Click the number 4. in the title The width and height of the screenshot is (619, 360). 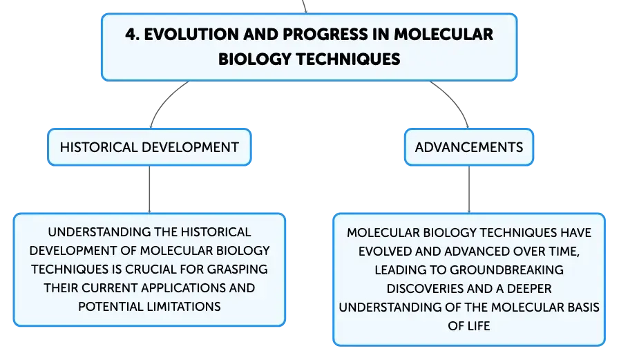tap(132, 35)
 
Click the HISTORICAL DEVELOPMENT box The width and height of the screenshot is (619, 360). tap(149, 147)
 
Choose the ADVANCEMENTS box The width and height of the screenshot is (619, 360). tap(469, 147)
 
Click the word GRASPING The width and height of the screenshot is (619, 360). tap(237, 269)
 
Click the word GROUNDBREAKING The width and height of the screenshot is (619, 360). tap(506, 270)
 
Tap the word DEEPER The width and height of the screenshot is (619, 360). tap(529, 289)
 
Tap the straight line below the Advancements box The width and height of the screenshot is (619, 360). tap(469, 189)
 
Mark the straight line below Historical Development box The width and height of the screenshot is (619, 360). tap(149, 189)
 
